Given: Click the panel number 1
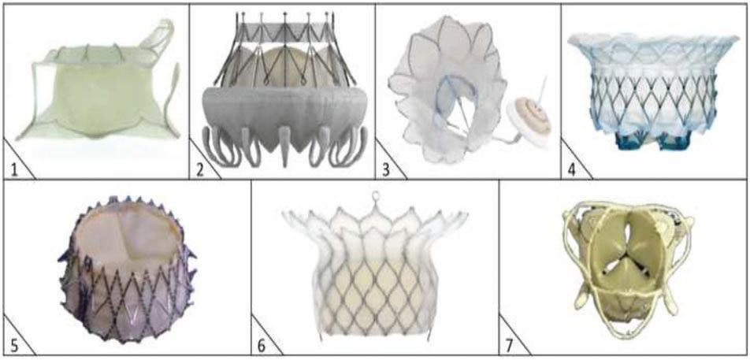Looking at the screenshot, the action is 14,169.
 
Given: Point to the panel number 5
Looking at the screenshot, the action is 14,345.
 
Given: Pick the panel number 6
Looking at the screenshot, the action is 262,345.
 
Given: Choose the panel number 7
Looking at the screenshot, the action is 511,345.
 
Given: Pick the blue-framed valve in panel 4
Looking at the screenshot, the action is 653,91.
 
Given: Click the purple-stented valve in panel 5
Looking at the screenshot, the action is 128,269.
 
